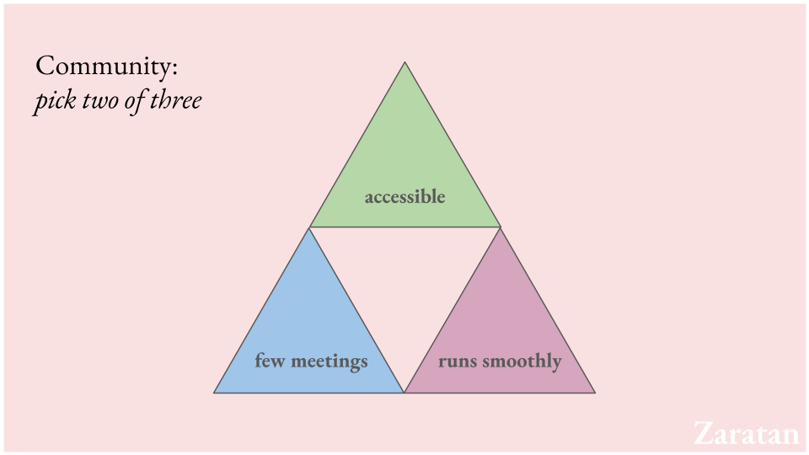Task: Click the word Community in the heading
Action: point(103,67)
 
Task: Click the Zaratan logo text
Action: point(746,433)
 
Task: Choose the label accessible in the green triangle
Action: point(404,196)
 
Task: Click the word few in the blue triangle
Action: point(270,361)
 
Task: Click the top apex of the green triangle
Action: point(405,62)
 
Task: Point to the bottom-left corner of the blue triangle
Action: point(214,393)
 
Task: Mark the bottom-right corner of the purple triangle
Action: point(595,393)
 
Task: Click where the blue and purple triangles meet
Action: point(404,393)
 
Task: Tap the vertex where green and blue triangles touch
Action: point(309,227)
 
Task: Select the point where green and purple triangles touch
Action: point(501,227)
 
